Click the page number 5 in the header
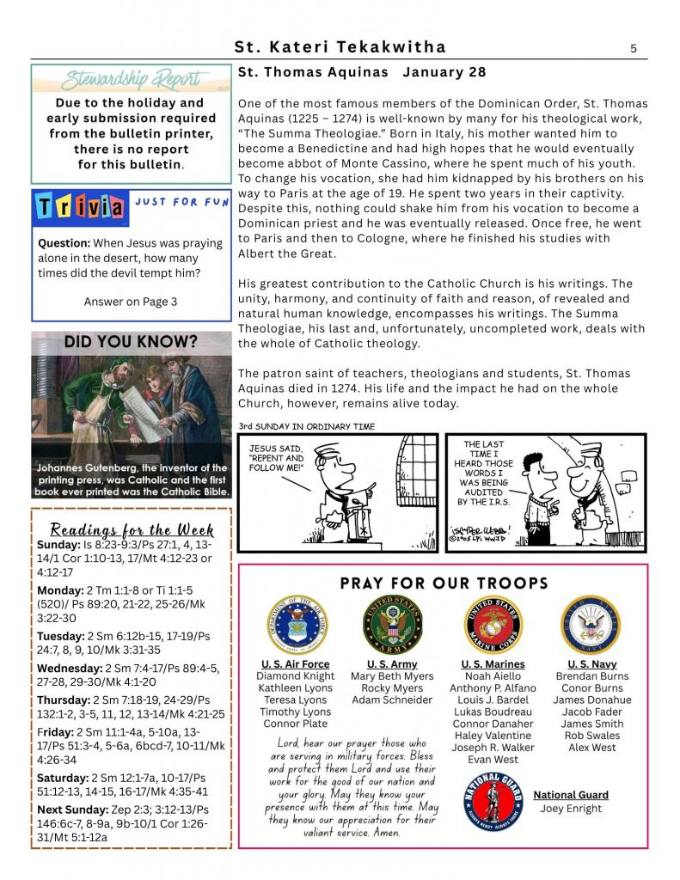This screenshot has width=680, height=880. tap(633, 48)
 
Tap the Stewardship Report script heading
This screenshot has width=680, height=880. tap(131, 81)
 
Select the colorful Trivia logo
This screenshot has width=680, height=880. tap(78, 207)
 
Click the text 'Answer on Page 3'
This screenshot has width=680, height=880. tap(131, 302)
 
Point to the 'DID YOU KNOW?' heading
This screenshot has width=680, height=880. tap(131, 342)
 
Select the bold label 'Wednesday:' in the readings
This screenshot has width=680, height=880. tap(69, 668)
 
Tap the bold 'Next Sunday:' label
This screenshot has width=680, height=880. tap(71, 810)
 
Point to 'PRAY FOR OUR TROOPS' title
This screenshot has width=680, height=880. tap(444, 584)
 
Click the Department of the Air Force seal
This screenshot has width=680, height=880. tap(296, 625)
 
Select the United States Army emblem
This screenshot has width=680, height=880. tap(392, 625)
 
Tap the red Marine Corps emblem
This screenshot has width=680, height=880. tap(493, 625)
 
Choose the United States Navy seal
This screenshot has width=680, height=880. tap(591, 625)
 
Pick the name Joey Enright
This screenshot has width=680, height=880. tap(571, 809)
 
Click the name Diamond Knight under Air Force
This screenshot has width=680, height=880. tap(296, 676)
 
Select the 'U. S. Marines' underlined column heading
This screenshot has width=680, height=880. tap(493, 664)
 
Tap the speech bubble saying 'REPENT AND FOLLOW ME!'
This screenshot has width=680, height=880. tap(276, 459)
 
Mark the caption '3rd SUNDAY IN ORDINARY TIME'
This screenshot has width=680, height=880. tap(306, 427)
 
